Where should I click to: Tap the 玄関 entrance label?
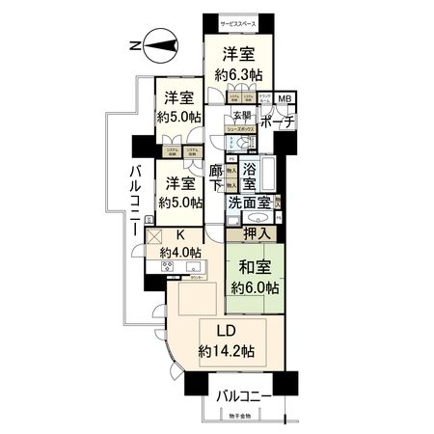[x=238, y=117]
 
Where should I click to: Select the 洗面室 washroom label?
[x=249, y=203]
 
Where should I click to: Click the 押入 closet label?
[x=254, y=232]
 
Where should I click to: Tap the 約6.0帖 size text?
[x=256, y=287]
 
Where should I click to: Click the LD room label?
[x=226, y=331]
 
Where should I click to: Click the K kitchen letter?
[x=178, y=234]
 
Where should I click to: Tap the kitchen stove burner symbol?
[x=168, y=267]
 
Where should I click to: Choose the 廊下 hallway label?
[x=217, y=177]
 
